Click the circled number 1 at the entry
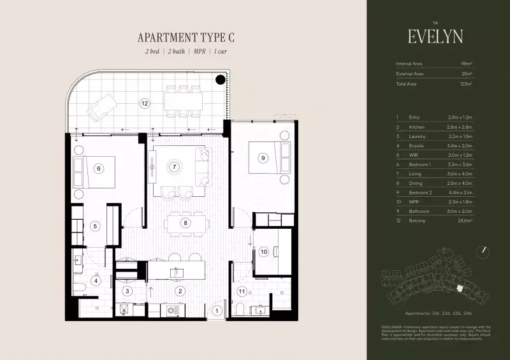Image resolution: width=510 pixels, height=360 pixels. click(x=217, y=310)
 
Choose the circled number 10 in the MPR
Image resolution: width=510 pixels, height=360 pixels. click(x=263, y=252)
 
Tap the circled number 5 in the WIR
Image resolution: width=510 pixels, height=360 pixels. click(x=94, y=225)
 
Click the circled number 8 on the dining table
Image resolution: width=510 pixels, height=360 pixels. click(x=185, y=223)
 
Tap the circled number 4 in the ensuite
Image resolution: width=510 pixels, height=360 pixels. click(x=96, y=280)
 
